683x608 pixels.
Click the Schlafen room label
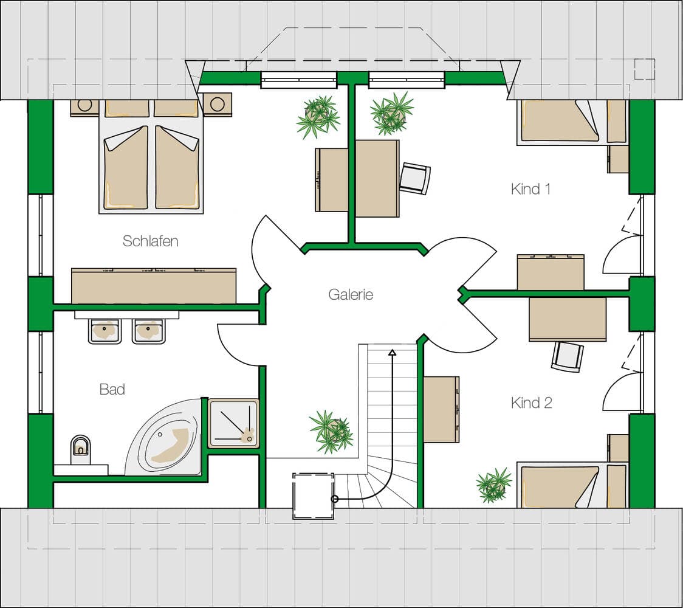coord(150,241)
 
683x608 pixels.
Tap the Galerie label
coord(351,294)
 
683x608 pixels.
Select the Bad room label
coord(112,389)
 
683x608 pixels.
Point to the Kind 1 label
coord(530,188)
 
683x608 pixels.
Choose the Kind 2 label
coord(532,402)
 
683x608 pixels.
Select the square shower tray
coord(233,423)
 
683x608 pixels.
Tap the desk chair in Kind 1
coord(415,178)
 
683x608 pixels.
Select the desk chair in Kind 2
coord(567,356)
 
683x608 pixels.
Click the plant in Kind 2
coord(494,485)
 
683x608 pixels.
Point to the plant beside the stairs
coord(332,432)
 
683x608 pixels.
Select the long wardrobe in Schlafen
coord(154,286)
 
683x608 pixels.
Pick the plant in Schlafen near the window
coord(318,117)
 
